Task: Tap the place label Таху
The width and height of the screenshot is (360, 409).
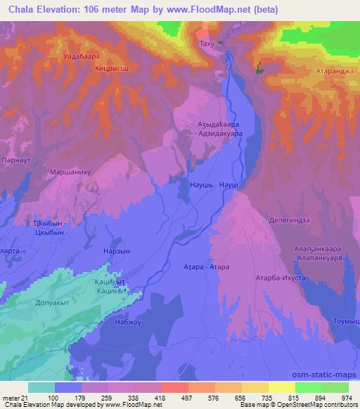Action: [x=207, y=44]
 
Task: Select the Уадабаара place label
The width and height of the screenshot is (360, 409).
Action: [x=82, y=55]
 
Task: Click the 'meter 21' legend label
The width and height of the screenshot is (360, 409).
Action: [x=14, y=397]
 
